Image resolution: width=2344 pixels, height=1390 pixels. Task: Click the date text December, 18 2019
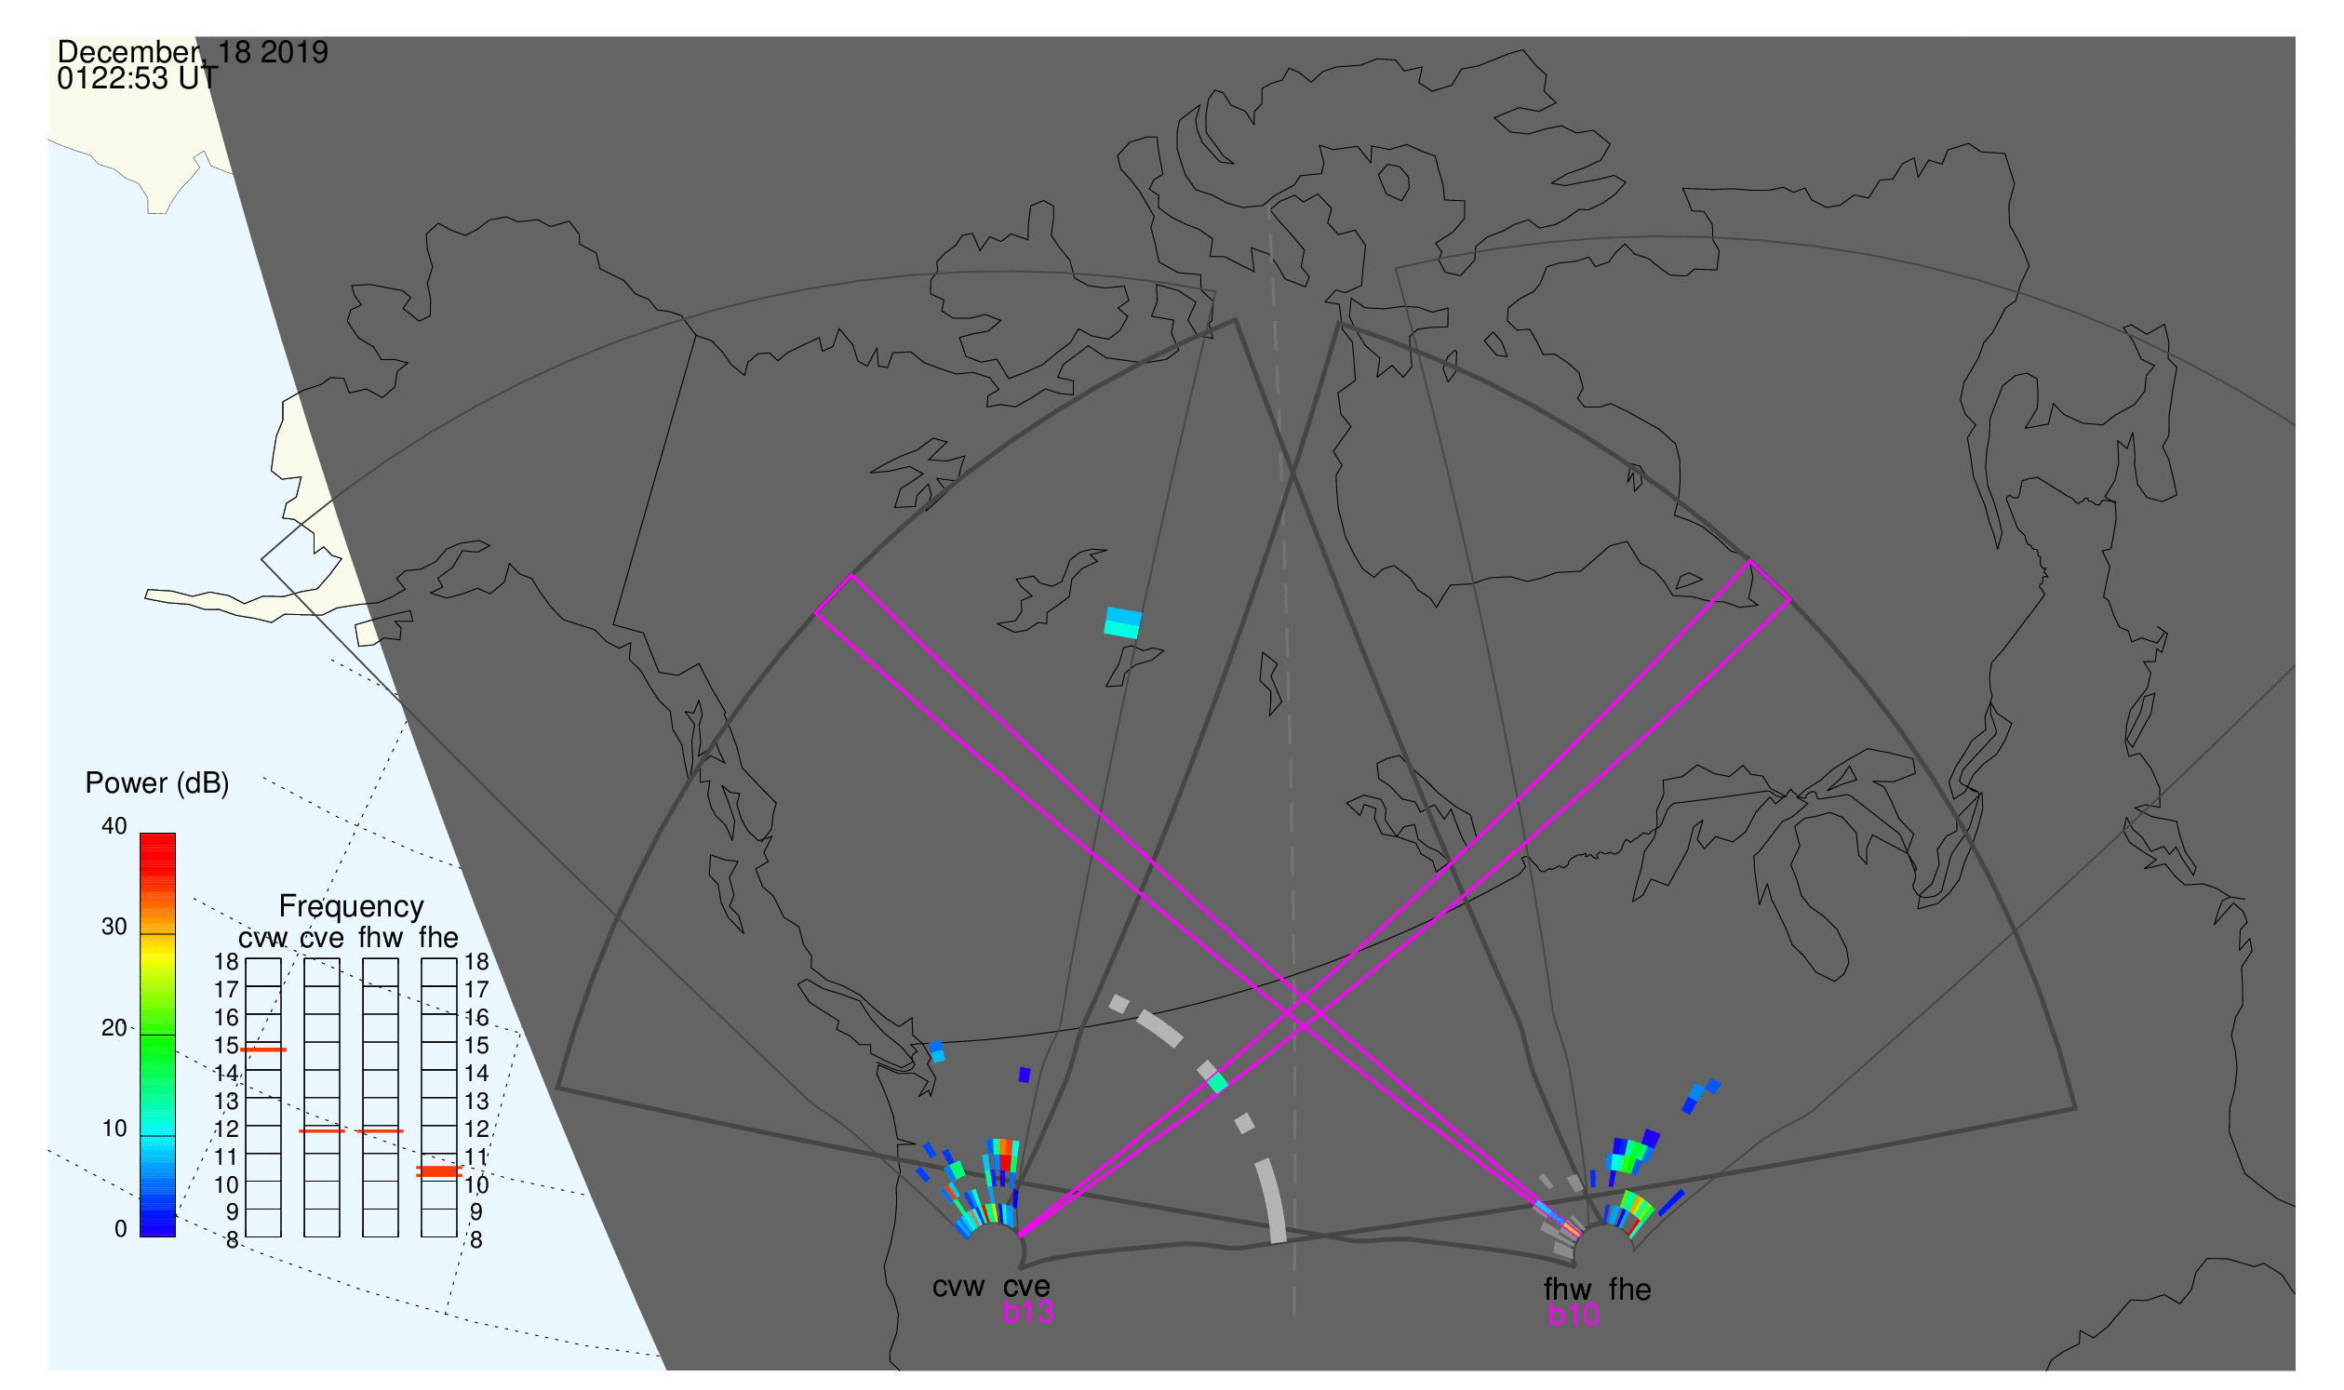click(193, 51)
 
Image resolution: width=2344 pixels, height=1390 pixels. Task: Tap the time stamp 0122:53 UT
click(138, 79)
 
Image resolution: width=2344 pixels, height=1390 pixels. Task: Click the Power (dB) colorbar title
click(157, 783)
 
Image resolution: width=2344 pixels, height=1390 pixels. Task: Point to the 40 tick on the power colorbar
click(114, 826)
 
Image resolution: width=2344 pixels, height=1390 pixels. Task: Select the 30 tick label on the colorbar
click(114, 928)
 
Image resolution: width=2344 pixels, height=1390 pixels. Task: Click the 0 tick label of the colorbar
click(121, 1229)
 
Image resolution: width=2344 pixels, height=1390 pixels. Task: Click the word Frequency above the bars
click(352, 907)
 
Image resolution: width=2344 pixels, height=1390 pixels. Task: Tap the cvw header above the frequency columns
click(263, 939)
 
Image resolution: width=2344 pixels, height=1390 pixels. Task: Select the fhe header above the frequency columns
click(438, 939)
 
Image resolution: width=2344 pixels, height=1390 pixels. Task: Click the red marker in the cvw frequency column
click(263, 1050)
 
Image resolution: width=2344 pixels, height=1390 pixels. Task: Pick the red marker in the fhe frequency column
click(438, 1171)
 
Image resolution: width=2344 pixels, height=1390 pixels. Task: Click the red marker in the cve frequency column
click(322, 1131)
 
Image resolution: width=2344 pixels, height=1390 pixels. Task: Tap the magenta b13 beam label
click(1028, 1313)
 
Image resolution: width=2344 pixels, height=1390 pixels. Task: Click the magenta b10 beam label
click(1574, 1316)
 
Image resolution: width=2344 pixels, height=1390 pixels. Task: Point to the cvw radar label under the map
click(958, 1288)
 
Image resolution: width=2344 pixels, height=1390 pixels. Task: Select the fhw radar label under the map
click(1568, 1290)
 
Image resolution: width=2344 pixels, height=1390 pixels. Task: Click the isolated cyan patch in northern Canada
click(1123, 622)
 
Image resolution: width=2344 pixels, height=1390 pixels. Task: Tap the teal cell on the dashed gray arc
click(1218, 1084)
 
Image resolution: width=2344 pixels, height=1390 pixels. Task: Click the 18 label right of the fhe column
click(476, 962)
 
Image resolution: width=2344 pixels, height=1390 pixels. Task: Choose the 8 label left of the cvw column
click(233, 1242)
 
